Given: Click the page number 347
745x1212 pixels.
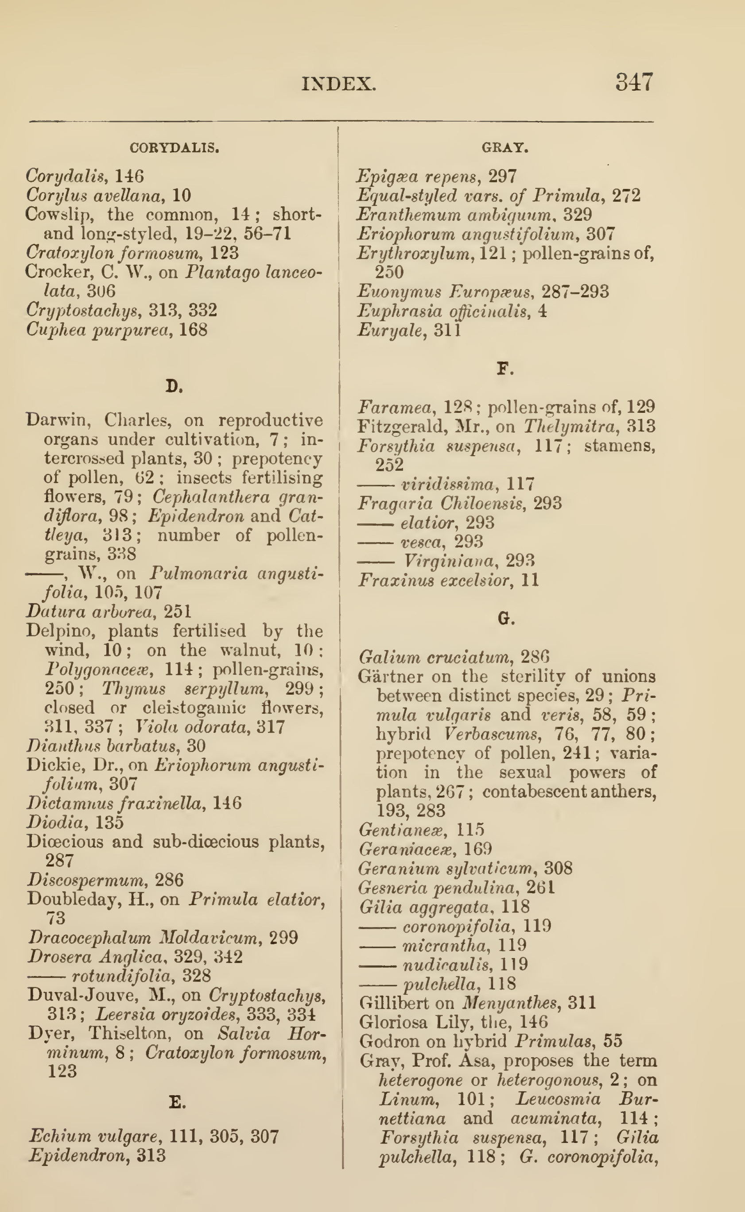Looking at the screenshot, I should coord(634,82).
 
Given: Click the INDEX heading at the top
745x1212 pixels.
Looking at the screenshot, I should coord(338,84).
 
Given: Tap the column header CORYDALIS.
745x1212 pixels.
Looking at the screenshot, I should coord(174,148).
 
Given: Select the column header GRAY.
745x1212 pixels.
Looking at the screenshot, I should coord(504,148).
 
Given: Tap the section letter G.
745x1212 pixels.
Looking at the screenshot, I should coord(506,618).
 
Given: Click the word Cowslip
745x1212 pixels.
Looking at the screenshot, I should coord(52,215).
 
